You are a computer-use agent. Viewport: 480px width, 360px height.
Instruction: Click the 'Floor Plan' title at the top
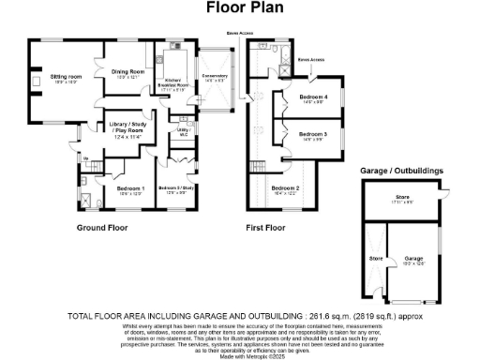239,7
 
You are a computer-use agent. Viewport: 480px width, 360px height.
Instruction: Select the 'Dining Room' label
127,73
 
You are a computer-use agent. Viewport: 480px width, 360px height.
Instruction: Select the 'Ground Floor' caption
103,228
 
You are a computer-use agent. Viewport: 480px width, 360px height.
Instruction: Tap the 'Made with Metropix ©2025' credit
240,354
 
